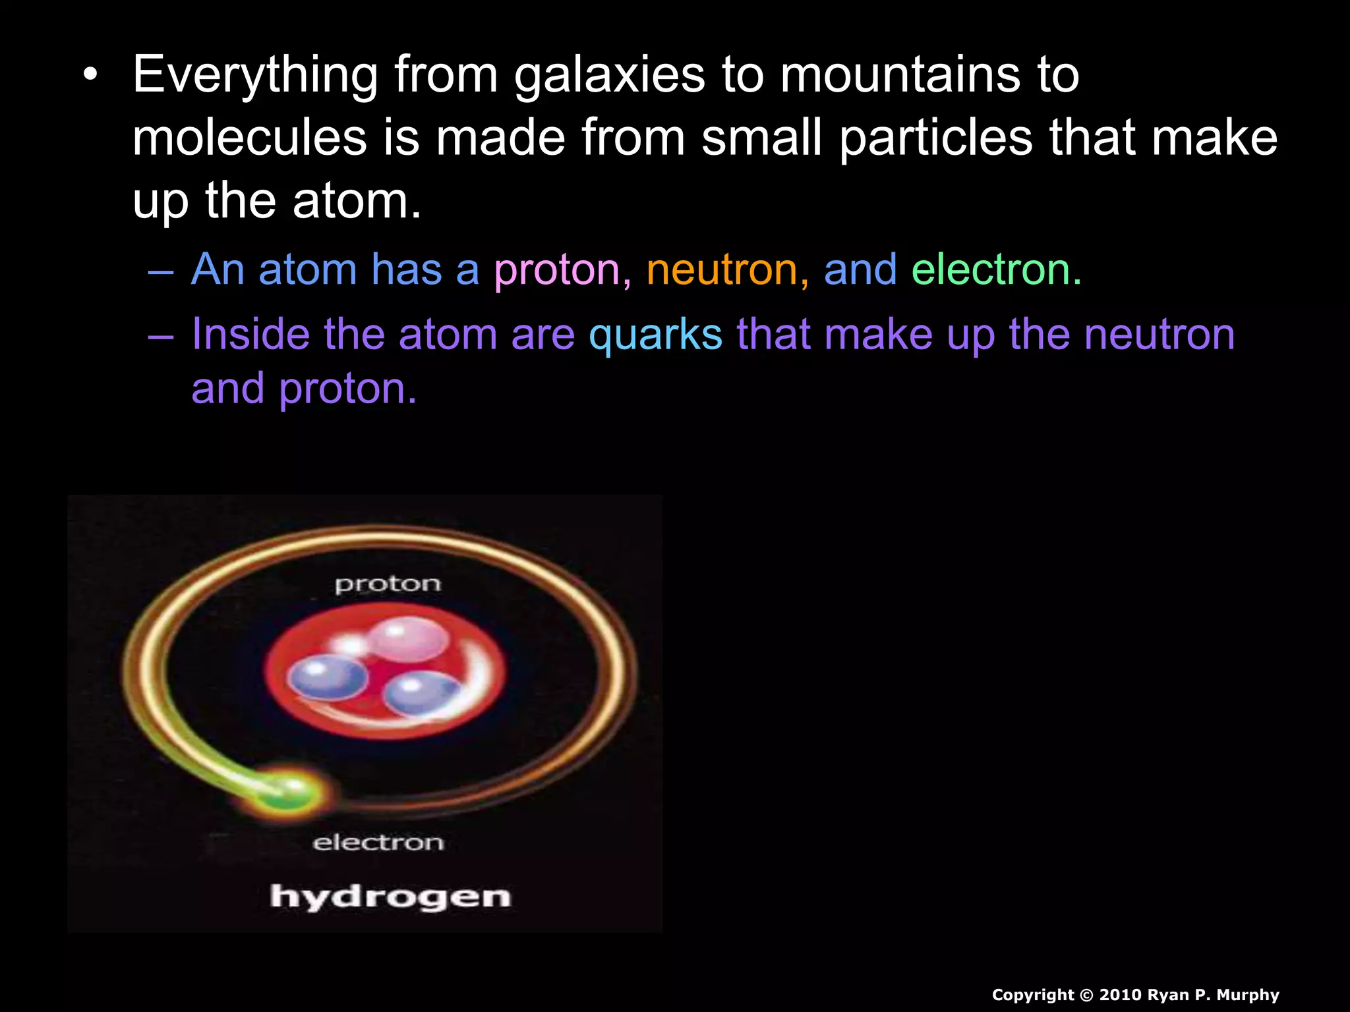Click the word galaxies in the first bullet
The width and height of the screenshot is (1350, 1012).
610,76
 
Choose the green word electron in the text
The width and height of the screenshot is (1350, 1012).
995,270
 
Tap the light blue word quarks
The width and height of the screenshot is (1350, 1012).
656,334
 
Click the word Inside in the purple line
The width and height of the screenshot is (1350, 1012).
250,334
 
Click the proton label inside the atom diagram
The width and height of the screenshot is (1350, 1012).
388,584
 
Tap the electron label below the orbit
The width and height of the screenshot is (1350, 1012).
378,843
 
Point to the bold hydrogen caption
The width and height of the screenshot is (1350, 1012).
390,897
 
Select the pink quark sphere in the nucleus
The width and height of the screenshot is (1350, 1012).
407,638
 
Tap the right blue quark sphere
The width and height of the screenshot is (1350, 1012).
421,693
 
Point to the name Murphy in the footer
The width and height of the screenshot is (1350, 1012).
1248,995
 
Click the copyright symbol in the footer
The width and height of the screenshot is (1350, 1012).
1086,995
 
